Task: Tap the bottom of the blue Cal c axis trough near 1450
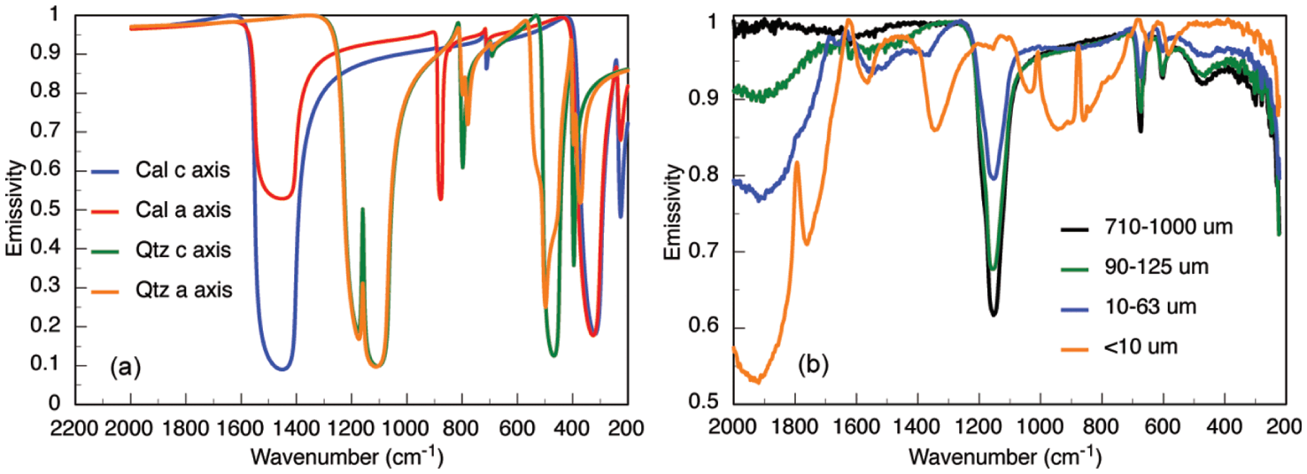(282, 369)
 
